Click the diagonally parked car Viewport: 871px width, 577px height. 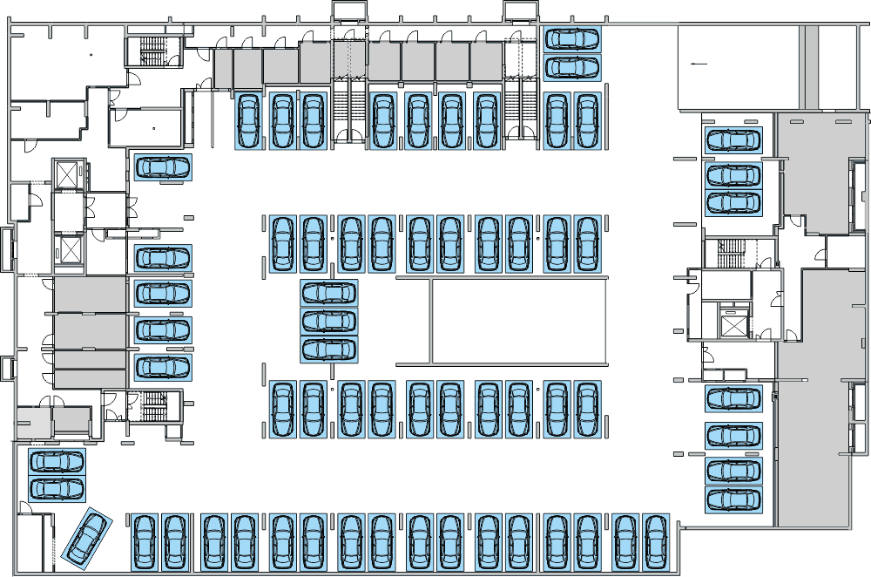[x=88, y=537]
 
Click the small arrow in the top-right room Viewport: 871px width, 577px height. [x=697, y=64]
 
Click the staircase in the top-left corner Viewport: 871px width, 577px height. [x=152, y=51]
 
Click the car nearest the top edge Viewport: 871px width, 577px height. [x=571, y=39]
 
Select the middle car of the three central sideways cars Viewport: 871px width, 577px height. [x=329, y=321]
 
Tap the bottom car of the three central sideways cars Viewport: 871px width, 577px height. [x=329, y=349]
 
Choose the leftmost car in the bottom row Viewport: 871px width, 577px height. [x=145, y=541]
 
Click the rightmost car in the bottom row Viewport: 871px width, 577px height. [x=655, y=541]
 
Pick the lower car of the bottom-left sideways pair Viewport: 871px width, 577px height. [x=57, y=488]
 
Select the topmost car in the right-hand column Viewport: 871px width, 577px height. [x=733, y=139]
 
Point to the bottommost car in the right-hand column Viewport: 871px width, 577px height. [x=733, y=499]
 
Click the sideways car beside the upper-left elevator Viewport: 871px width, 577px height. [x=163, y=166]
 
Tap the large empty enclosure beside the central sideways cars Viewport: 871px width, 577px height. [x=518, y=321]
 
